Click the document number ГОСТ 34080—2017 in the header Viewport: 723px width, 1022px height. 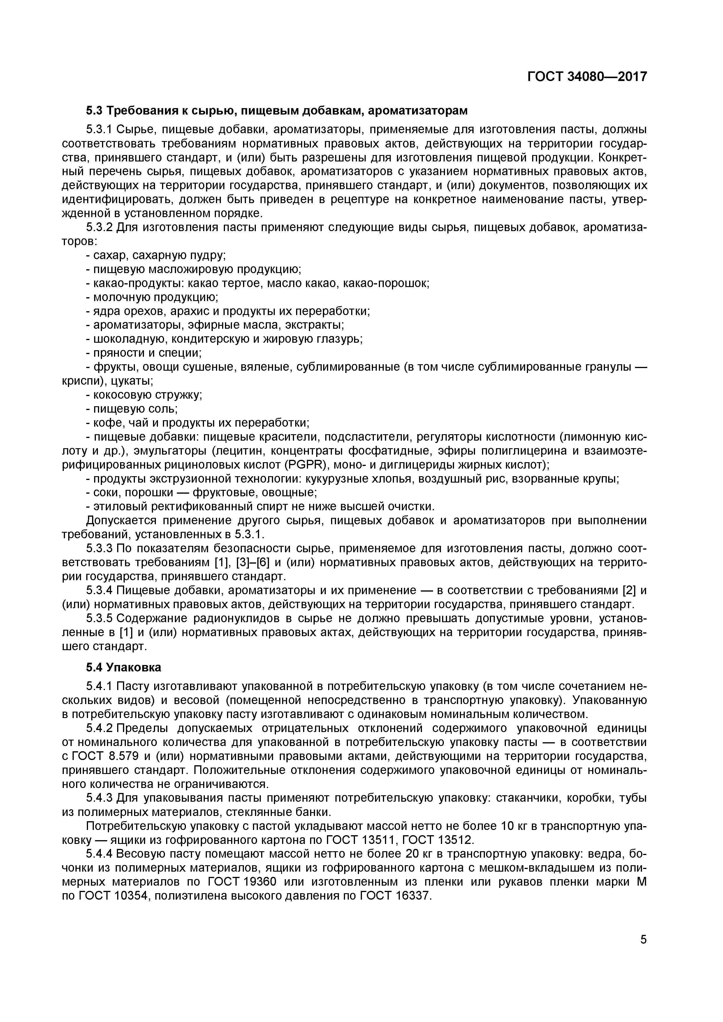(x=587, y=77)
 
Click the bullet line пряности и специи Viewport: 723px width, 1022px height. (x=144, y=353)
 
